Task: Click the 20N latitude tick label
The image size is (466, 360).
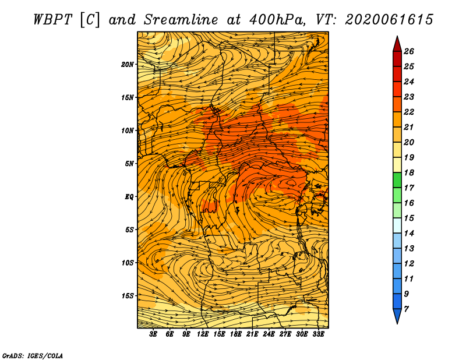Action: [x=128, y=65]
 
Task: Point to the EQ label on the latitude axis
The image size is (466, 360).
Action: [x=129, y=197]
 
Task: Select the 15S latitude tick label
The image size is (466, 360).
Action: [x=128, y=296]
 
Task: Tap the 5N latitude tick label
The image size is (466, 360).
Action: [x=129, y=164]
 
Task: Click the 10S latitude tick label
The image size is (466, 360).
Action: [x=128, y=263]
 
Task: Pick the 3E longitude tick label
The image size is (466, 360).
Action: [x=153, y=334]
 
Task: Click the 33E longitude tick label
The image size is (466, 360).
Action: [x=318, y=334]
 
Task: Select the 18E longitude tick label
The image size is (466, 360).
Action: [x=236, y=334]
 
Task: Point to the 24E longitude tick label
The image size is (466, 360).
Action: [x=269, y=334]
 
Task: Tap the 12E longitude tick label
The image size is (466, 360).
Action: [x=203, y=334]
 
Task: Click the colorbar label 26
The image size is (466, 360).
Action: [x=409, y=51]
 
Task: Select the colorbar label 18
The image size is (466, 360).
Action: [x=409, y=172]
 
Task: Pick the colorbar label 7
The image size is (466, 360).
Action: [x=407, y=309]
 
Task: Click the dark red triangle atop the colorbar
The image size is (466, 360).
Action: [x=397, y=45]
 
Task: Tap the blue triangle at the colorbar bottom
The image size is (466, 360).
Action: [x=397, y=315]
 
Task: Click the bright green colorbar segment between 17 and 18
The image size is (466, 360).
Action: [x=397, y=180]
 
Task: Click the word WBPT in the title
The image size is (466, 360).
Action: [x=52, y=20]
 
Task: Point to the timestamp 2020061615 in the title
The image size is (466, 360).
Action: [x=389, y=20]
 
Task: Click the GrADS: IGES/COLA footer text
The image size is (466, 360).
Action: [x=33, y=355]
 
